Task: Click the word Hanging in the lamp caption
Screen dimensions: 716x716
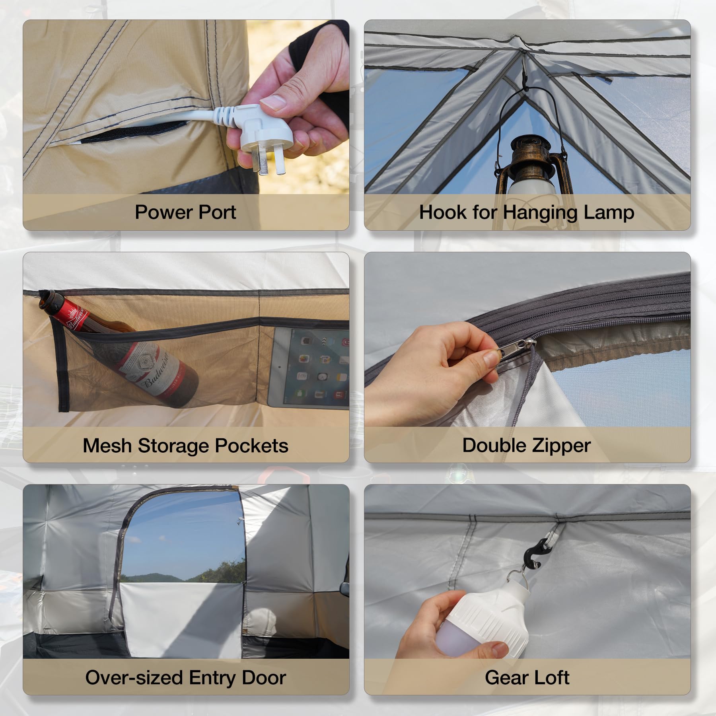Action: point(541,212)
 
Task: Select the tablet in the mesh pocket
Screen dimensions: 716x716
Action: point(310,368)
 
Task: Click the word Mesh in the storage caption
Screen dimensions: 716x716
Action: point(107,446)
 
